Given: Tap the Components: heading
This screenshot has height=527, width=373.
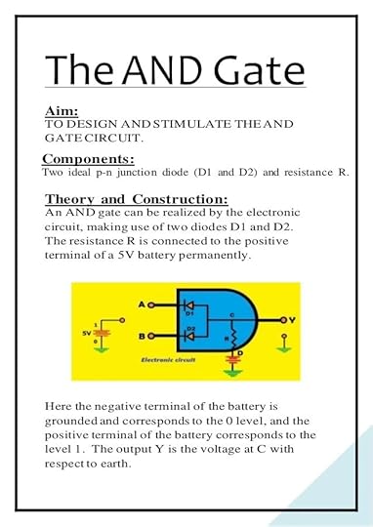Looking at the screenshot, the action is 88,158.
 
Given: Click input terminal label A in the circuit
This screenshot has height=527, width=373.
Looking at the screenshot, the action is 140,305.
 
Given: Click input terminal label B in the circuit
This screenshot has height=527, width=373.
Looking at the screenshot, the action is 140,335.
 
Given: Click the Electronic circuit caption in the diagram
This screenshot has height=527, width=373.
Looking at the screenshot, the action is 143,359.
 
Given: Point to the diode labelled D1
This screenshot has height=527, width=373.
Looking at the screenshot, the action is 191,305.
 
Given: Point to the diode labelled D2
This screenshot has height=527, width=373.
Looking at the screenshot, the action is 191,335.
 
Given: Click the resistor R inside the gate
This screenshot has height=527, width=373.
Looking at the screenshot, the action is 232,341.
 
